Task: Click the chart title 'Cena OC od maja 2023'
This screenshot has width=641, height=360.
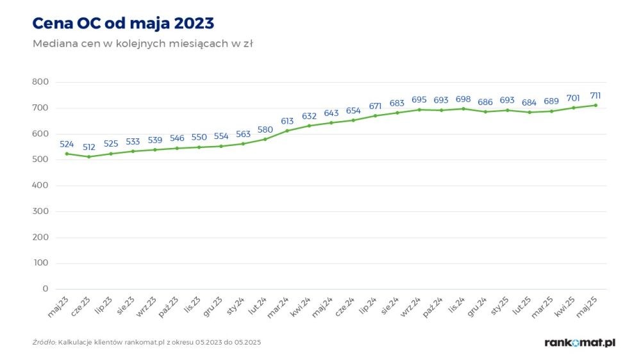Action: pos(123,23)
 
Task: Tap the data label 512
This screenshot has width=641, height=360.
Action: pos(89,147)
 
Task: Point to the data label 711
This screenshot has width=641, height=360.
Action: pos(595,95)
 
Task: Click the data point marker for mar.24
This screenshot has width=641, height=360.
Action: pos(287,131)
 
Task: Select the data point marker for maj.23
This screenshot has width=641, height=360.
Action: pos(67,154)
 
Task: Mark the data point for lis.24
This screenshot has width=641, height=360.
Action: pos(463,109)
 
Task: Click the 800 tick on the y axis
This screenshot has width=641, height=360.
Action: pos(40,82)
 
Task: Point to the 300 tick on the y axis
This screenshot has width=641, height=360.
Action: pos(40,211)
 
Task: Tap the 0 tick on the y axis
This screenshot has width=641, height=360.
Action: pos(45,289)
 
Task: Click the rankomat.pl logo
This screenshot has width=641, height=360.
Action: pos(579,343)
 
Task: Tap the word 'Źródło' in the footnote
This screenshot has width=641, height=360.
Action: pos(44,343)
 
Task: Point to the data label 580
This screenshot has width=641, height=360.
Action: pos(265,129)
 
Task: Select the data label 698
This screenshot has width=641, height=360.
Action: pos(463,99)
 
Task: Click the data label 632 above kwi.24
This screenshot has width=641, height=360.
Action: pos(309,116)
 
